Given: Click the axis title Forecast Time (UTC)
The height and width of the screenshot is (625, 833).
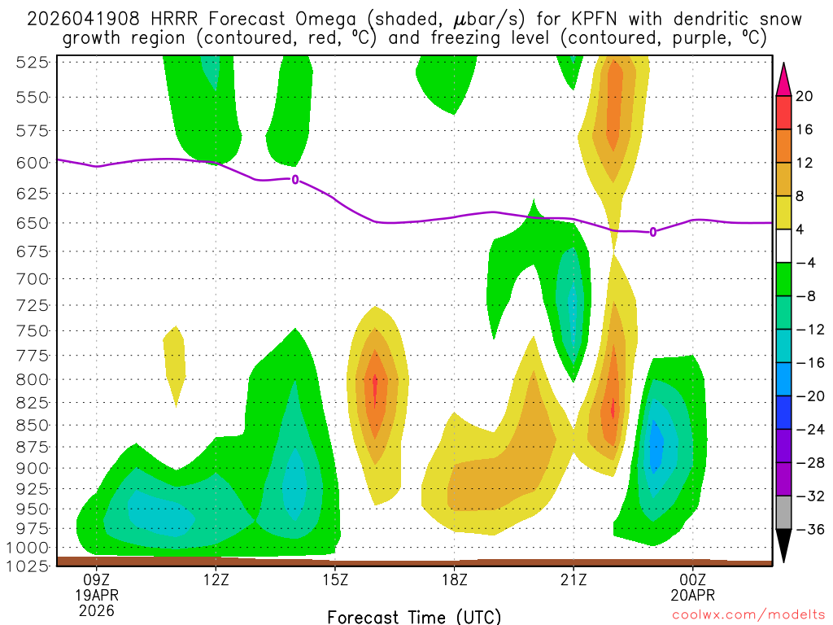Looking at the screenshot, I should point(414,616).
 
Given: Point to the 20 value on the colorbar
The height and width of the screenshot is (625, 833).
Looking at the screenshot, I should point(805,96).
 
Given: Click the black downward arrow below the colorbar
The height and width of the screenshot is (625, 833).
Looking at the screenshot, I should point(784,547).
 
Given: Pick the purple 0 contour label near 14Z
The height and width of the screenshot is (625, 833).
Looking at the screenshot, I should point(295,179).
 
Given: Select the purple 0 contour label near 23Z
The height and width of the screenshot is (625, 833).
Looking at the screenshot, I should point(653,232).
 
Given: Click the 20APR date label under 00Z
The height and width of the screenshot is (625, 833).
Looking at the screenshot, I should point(692,595).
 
